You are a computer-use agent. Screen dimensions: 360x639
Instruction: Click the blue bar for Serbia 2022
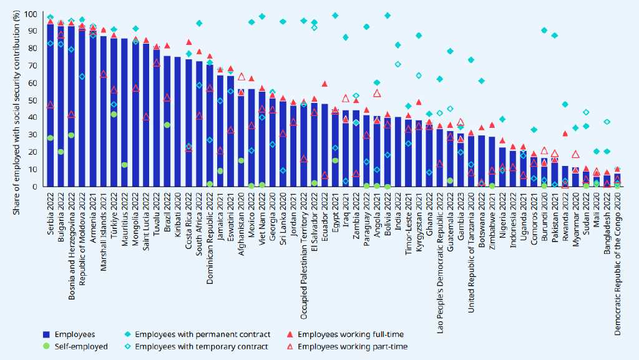click(50, 106)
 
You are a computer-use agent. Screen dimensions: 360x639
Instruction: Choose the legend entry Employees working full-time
click(344, 335)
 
